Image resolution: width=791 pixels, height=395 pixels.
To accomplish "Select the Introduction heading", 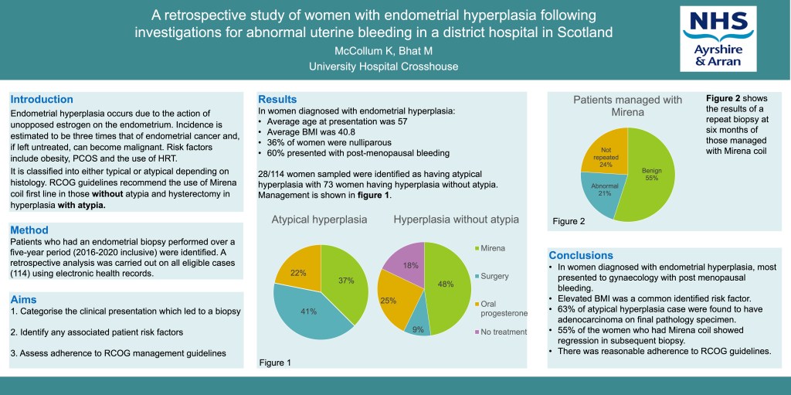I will [42, 100].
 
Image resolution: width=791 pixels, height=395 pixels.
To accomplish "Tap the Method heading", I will [29, 230].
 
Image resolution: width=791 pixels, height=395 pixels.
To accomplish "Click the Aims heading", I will [23, 299].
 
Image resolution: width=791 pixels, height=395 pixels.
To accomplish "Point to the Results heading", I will [277, 100].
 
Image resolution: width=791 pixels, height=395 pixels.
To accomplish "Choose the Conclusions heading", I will [581, 255].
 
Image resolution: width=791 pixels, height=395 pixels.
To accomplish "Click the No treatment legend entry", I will [501, 332].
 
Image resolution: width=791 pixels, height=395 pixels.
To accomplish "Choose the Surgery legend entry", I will [494, 276].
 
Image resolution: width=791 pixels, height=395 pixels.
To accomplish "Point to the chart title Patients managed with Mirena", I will [627, 107].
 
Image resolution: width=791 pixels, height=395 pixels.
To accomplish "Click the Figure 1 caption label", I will [276, 362].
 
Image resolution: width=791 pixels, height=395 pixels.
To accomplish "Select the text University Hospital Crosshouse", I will [383, 67].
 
